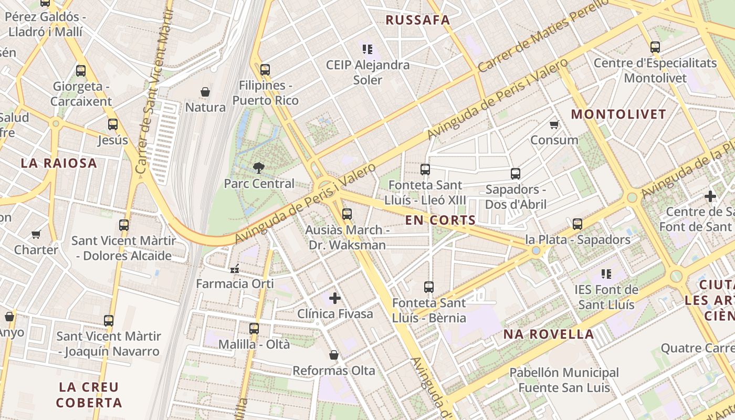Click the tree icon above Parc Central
[258, 168]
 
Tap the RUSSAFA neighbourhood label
[418, 20]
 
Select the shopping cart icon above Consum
[554, 124]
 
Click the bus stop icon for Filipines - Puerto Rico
[265, 69]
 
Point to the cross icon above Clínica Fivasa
[335, 298]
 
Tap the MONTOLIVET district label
[618, 114]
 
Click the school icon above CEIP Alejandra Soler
[367, 49]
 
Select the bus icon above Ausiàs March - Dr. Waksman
[346, 214]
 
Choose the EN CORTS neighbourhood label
[440, 220]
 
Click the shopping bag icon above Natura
[205, 92]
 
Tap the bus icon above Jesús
[113, 124]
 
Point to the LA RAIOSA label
[59, 163]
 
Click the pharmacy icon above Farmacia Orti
[235, 269]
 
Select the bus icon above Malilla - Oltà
[254, 329]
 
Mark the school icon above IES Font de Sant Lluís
[606, 274]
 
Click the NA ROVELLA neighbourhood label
[549, 334]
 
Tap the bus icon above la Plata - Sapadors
[577, 224]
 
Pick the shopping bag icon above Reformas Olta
[334, 355]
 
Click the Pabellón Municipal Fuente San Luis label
[564, 380]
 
